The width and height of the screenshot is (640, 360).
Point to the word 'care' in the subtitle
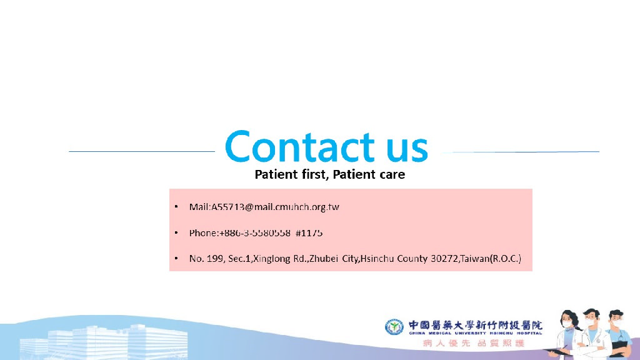[389, 174]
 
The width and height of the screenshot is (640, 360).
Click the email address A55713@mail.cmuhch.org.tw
[275, 207]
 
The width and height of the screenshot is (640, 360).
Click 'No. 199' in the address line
[204, 258]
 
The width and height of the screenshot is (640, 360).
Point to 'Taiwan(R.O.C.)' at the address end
[491, 258]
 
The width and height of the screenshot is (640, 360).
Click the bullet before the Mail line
[177, 207]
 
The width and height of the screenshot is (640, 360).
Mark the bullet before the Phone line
[177, 233]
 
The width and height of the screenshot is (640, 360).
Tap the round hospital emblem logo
[394, 327]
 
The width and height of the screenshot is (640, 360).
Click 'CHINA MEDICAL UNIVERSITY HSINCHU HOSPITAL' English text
[476, 333]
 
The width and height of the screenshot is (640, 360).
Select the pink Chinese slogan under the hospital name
[473, 344]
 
